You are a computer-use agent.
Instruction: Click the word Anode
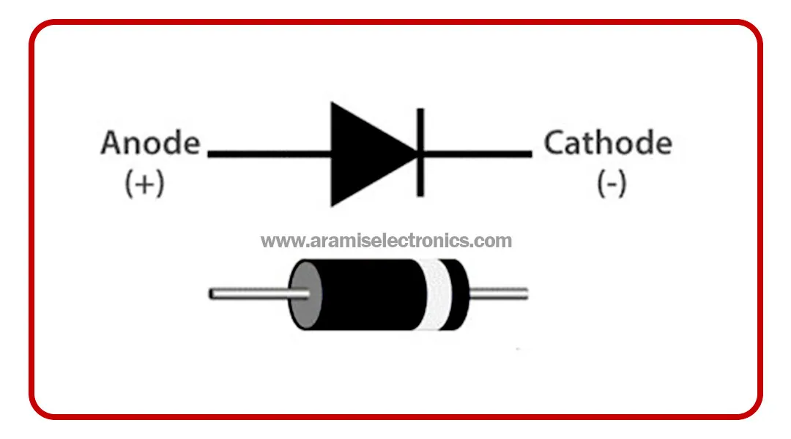(x=150, y=143)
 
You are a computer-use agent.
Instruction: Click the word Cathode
(x=607, y=143)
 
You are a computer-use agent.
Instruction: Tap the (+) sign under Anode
(x=144, y=184)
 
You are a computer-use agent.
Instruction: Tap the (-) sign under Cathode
(x=612, y=184)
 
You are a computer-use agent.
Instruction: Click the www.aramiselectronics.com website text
(x=387, y=241)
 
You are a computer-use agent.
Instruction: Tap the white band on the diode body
(x=443, y=294)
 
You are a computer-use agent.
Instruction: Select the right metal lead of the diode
(x=498, y=294)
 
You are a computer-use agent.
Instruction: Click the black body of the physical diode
(x=377, y=294)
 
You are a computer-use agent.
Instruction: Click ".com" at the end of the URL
(x=494, y=241)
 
